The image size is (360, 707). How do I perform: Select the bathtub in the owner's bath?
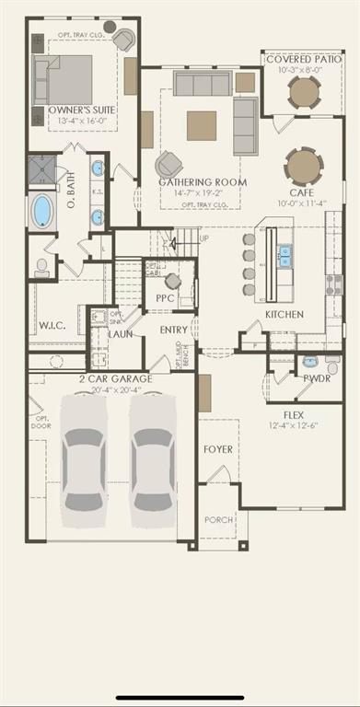[42, 211]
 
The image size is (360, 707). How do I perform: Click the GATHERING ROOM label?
[202, 182]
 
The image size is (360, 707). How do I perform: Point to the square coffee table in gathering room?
[202, 125]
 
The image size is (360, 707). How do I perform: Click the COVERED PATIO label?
[303, 59]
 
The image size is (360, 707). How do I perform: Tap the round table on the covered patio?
[303, 91]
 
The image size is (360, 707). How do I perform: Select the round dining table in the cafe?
[304, 167]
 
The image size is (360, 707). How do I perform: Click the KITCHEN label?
[285, 314]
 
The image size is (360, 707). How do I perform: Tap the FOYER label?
[218, 449]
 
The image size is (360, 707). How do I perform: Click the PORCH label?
[218, 519]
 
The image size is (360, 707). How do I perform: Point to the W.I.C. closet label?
[51, 324]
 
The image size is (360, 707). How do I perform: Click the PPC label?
[166, 298]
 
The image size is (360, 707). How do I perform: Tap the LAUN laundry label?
[121, 333]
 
